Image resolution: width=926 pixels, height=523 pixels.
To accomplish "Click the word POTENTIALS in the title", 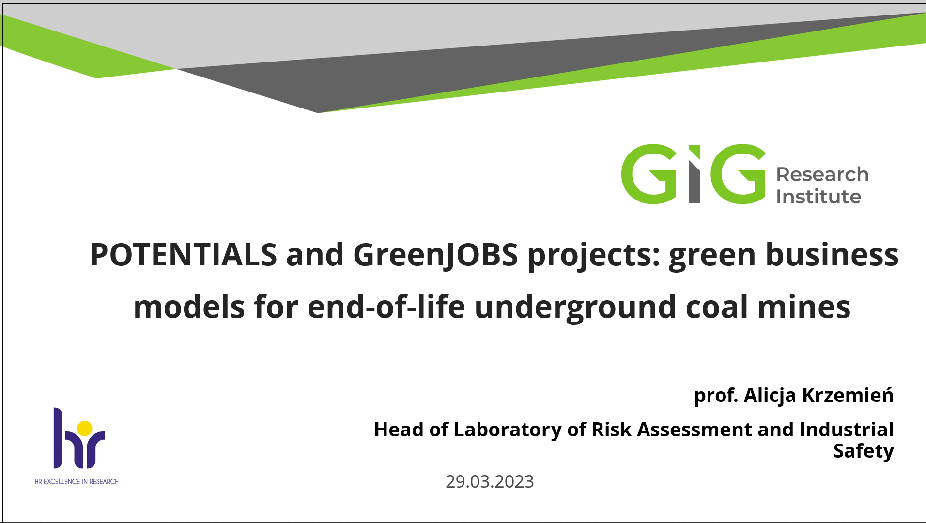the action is click(184, 255).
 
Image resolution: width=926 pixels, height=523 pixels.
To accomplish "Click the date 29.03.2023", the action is click(490, 481).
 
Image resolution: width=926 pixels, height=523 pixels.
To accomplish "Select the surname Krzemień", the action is click(848, 395).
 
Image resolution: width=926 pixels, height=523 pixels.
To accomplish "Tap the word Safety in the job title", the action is click(864, 451).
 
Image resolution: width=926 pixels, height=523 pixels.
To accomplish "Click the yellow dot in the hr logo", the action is click(85, 428).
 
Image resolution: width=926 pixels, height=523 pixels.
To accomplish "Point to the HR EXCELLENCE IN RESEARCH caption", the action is click(77, 481).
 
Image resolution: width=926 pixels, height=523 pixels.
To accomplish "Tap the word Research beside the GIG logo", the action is click(822, 174).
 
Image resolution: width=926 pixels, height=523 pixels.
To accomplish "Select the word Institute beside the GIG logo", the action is click(818, 197).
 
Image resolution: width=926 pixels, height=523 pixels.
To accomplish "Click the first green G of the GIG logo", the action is click(648, 174).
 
